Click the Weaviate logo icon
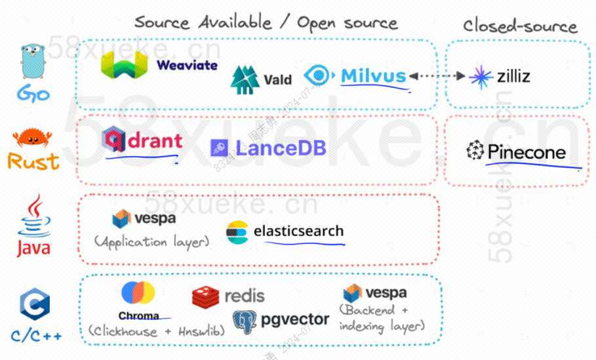125,66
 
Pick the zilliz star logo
481,77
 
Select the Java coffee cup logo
33,219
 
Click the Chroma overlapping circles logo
138,293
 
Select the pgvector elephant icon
245,321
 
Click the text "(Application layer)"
151,241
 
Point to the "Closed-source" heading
520,26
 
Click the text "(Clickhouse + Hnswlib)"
155,331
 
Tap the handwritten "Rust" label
33,161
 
